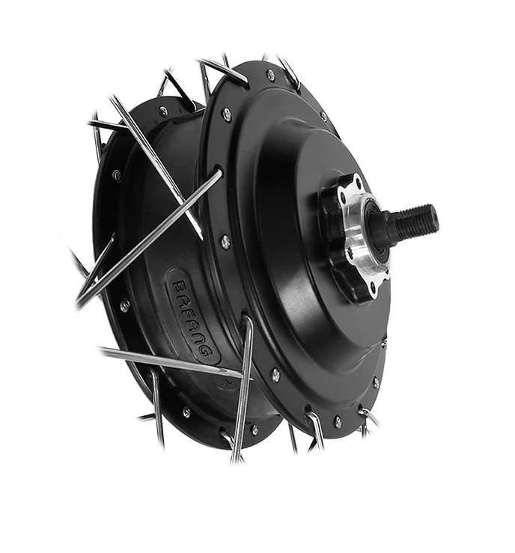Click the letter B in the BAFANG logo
point(181,287)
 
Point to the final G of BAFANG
point(206,349)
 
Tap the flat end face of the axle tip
point(433,215)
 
